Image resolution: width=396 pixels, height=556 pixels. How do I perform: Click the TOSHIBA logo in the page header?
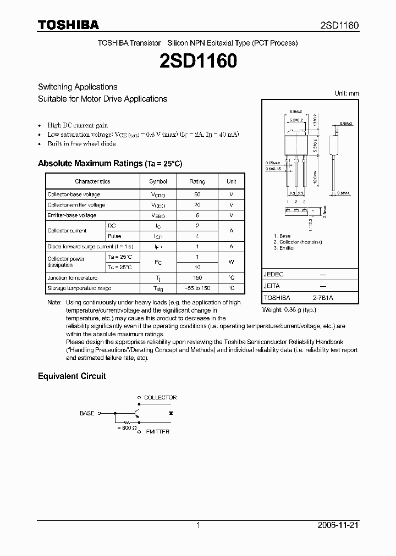pos(68,25)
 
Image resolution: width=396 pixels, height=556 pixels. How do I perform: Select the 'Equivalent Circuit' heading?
pos(71,376)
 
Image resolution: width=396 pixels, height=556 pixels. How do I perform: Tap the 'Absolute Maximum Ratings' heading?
pos(109,164)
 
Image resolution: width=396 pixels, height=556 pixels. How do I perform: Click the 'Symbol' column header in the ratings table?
pos(158,181)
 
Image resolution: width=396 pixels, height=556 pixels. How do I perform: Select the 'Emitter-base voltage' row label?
pos(71,215)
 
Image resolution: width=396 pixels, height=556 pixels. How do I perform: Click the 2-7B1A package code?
pos(323,298)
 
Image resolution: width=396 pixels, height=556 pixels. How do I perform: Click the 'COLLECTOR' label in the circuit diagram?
pos(160,397)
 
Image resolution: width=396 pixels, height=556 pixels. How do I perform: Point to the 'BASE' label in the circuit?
pos(87,413)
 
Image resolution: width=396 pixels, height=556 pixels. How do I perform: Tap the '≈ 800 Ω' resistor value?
pos(127,427)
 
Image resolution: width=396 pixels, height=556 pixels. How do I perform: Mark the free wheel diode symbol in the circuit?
pos(171,412)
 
